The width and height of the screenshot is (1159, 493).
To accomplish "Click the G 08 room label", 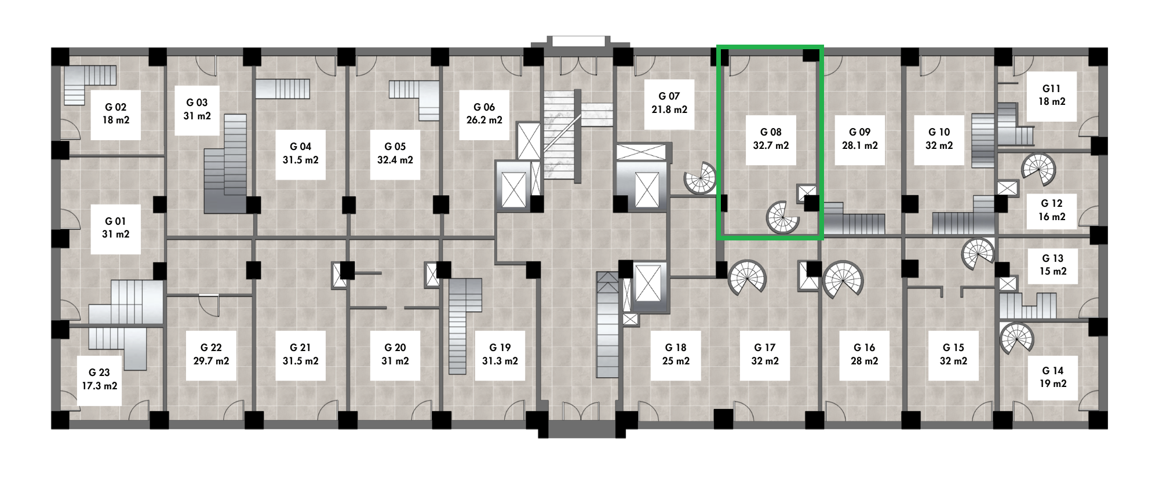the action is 771,132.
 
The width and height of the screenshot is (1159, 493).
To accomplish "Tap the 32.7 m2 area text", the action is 771,145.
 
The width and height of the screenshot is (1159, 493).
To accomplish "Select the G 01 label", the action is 115,221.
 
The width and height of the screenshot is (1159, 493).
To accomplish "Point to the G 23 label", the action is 99,373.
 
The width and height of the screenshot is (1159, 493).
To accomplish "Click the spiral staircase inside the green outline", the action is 783,218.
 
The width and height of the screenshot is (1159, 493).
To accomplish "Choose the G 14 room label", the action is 1052,371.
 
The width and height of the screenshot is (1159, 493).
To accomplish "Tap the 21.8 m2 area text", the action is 669,109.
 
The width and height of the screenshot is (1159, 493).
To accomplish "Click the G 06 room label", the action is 484,107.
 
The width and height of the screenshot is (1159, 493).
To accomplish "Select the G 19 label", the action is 500,348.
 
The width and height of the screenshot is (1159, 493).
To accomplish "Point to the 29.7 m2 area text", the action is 211,361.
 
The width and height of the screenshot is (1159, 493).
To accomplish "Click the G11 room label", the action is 1051,89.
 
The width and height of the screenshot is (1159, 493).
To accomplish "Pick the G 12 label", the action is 1051,203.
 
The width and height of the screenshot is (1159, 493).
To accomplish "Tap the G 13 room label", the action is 1052,258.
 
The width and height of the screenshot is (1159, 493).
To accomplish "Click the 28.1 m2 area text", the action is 860,145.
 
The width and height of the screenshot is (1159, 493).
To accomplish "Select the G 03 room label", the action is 196,103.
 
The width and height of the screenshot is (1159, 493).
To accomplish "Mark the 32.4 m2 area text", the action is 395,160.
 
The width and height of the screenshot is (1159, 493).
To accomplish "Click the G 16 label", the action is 864,348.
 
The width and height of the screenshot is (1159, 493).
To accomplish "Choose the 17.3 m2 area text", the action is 99,386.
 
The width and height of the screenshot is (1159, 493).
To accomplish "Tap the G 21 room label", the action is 300,348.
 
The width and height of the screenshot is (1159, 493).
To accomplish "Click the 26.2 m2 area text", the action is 484,120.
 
